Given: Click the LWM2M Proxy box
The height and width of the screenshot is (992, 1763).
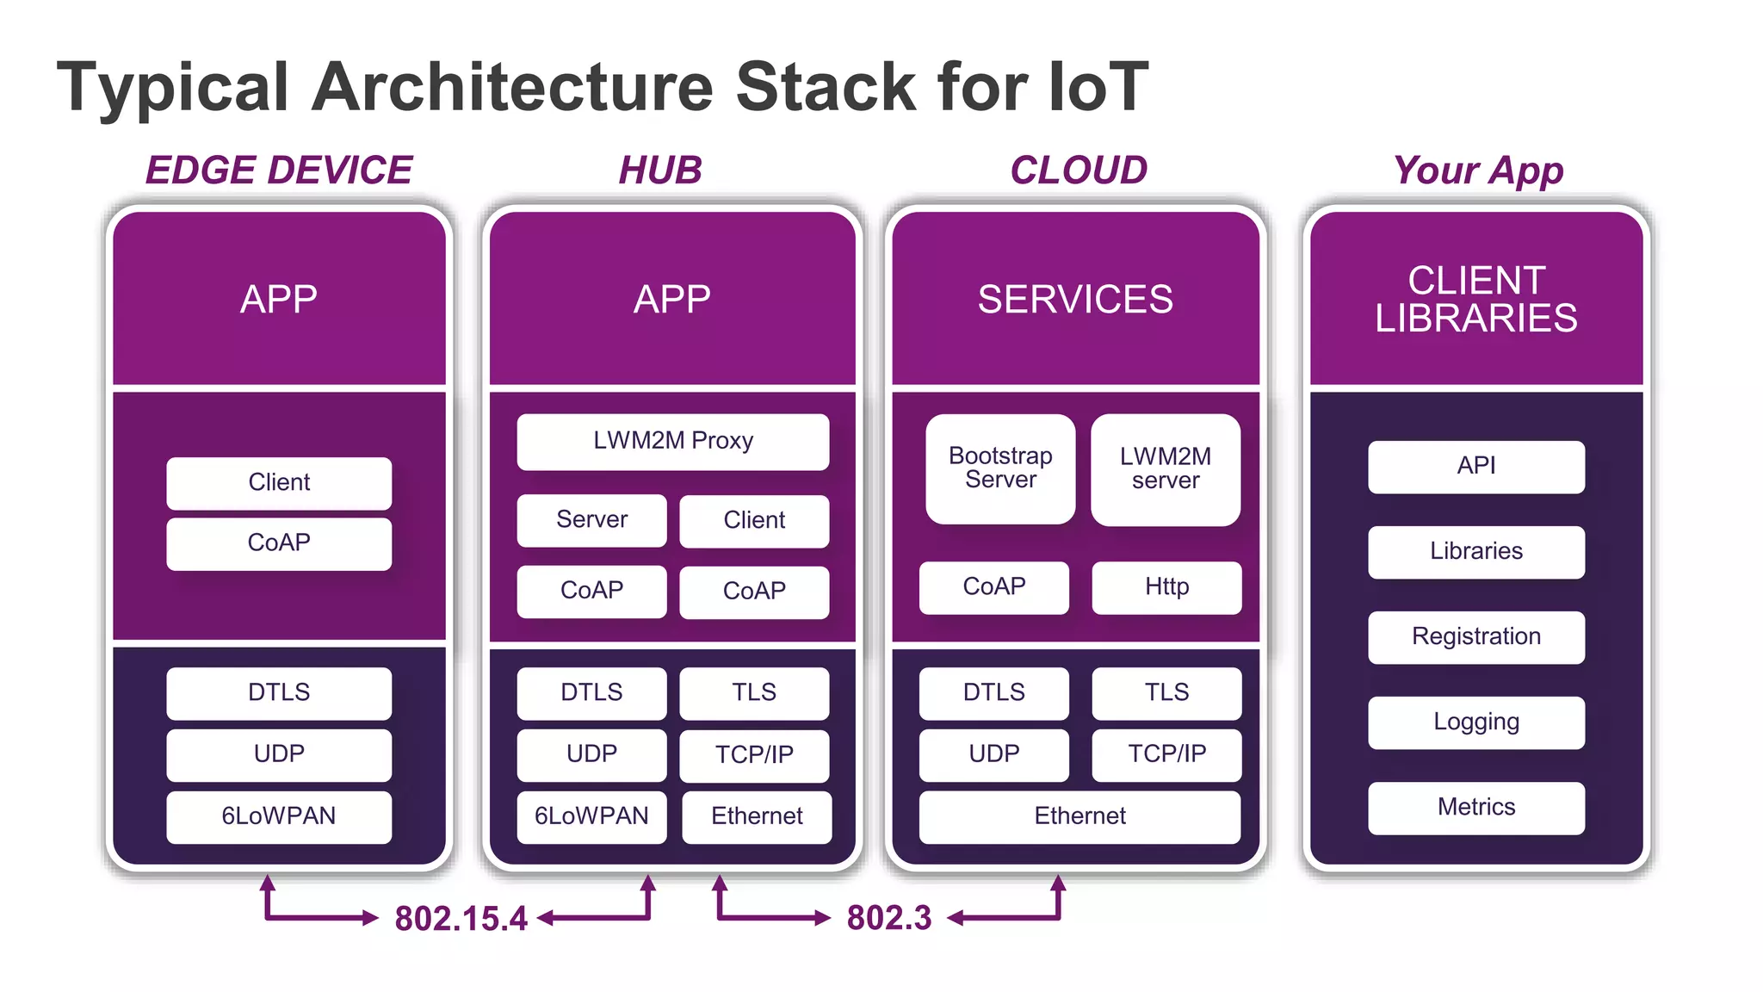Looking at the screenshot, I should [672, 442].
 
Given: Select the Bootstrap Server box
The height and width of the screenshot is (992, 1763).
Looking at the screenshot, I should [1000, 468].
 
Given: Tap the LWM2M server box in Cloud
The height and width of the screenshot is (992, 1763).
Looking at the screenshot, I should [1166, 469].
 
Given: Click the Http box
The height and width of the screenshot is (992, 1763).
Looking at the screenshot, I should [1166, 587].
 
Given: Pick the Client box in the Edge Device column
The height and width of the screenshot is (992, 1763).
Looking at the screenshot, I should [279, 483].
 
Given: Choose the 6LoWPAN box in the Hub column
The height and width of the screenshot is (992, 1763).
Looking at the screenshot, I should [591, 816].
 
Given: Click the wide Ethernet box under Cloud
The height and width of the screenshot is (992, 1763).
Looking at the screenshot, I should [1079, 816].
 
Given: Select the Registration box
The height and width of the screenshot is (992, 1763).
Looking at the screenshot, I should [1475, 637].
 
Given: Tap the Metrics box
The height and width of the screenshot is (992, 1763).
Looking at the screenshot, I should [1475, 808].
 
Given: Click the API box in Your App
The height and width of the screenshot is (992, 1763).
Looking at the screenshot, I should [1475, 467].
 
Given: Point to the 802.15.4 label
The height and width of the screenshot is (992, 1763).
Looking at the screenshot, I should [461, 919].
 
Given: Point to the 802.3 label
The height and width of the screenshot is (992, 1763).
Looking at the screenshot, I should [889, 918].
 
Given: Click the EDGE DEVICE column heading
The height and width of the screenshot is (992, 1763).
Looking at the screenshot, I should [279, 170].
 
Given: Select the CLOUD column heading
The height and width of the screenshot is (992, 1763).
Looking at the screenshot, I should [1079, 170].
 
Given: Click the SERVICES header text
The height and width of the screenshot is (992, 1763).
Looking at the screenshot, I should [1075, 300].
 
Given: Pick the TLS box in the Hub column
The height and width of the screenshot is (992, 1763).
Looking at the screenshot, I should [754, 693].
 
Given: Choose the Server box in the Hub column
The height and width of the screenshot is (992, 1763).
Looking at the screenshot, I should [591, 520].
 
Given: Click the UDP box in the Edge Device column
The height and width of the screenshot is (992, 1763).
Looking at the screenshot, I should [279, 754].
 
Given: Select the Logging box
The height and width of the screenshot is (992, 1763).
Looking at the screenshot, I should [1475, 722].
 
